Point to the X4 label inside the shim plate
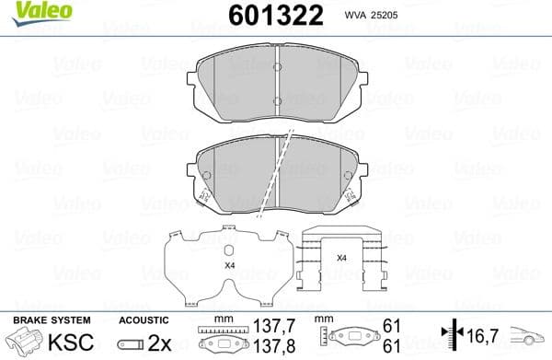tap(229, 264)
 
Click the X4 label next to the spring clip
tap(341, 258)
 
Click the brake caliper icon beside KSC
tap(26, 342)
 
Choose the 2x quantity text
tap(160, 343)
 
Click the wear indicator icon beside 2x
tap(132, 343)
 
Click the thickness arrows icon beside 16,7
tap(449, 335)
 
